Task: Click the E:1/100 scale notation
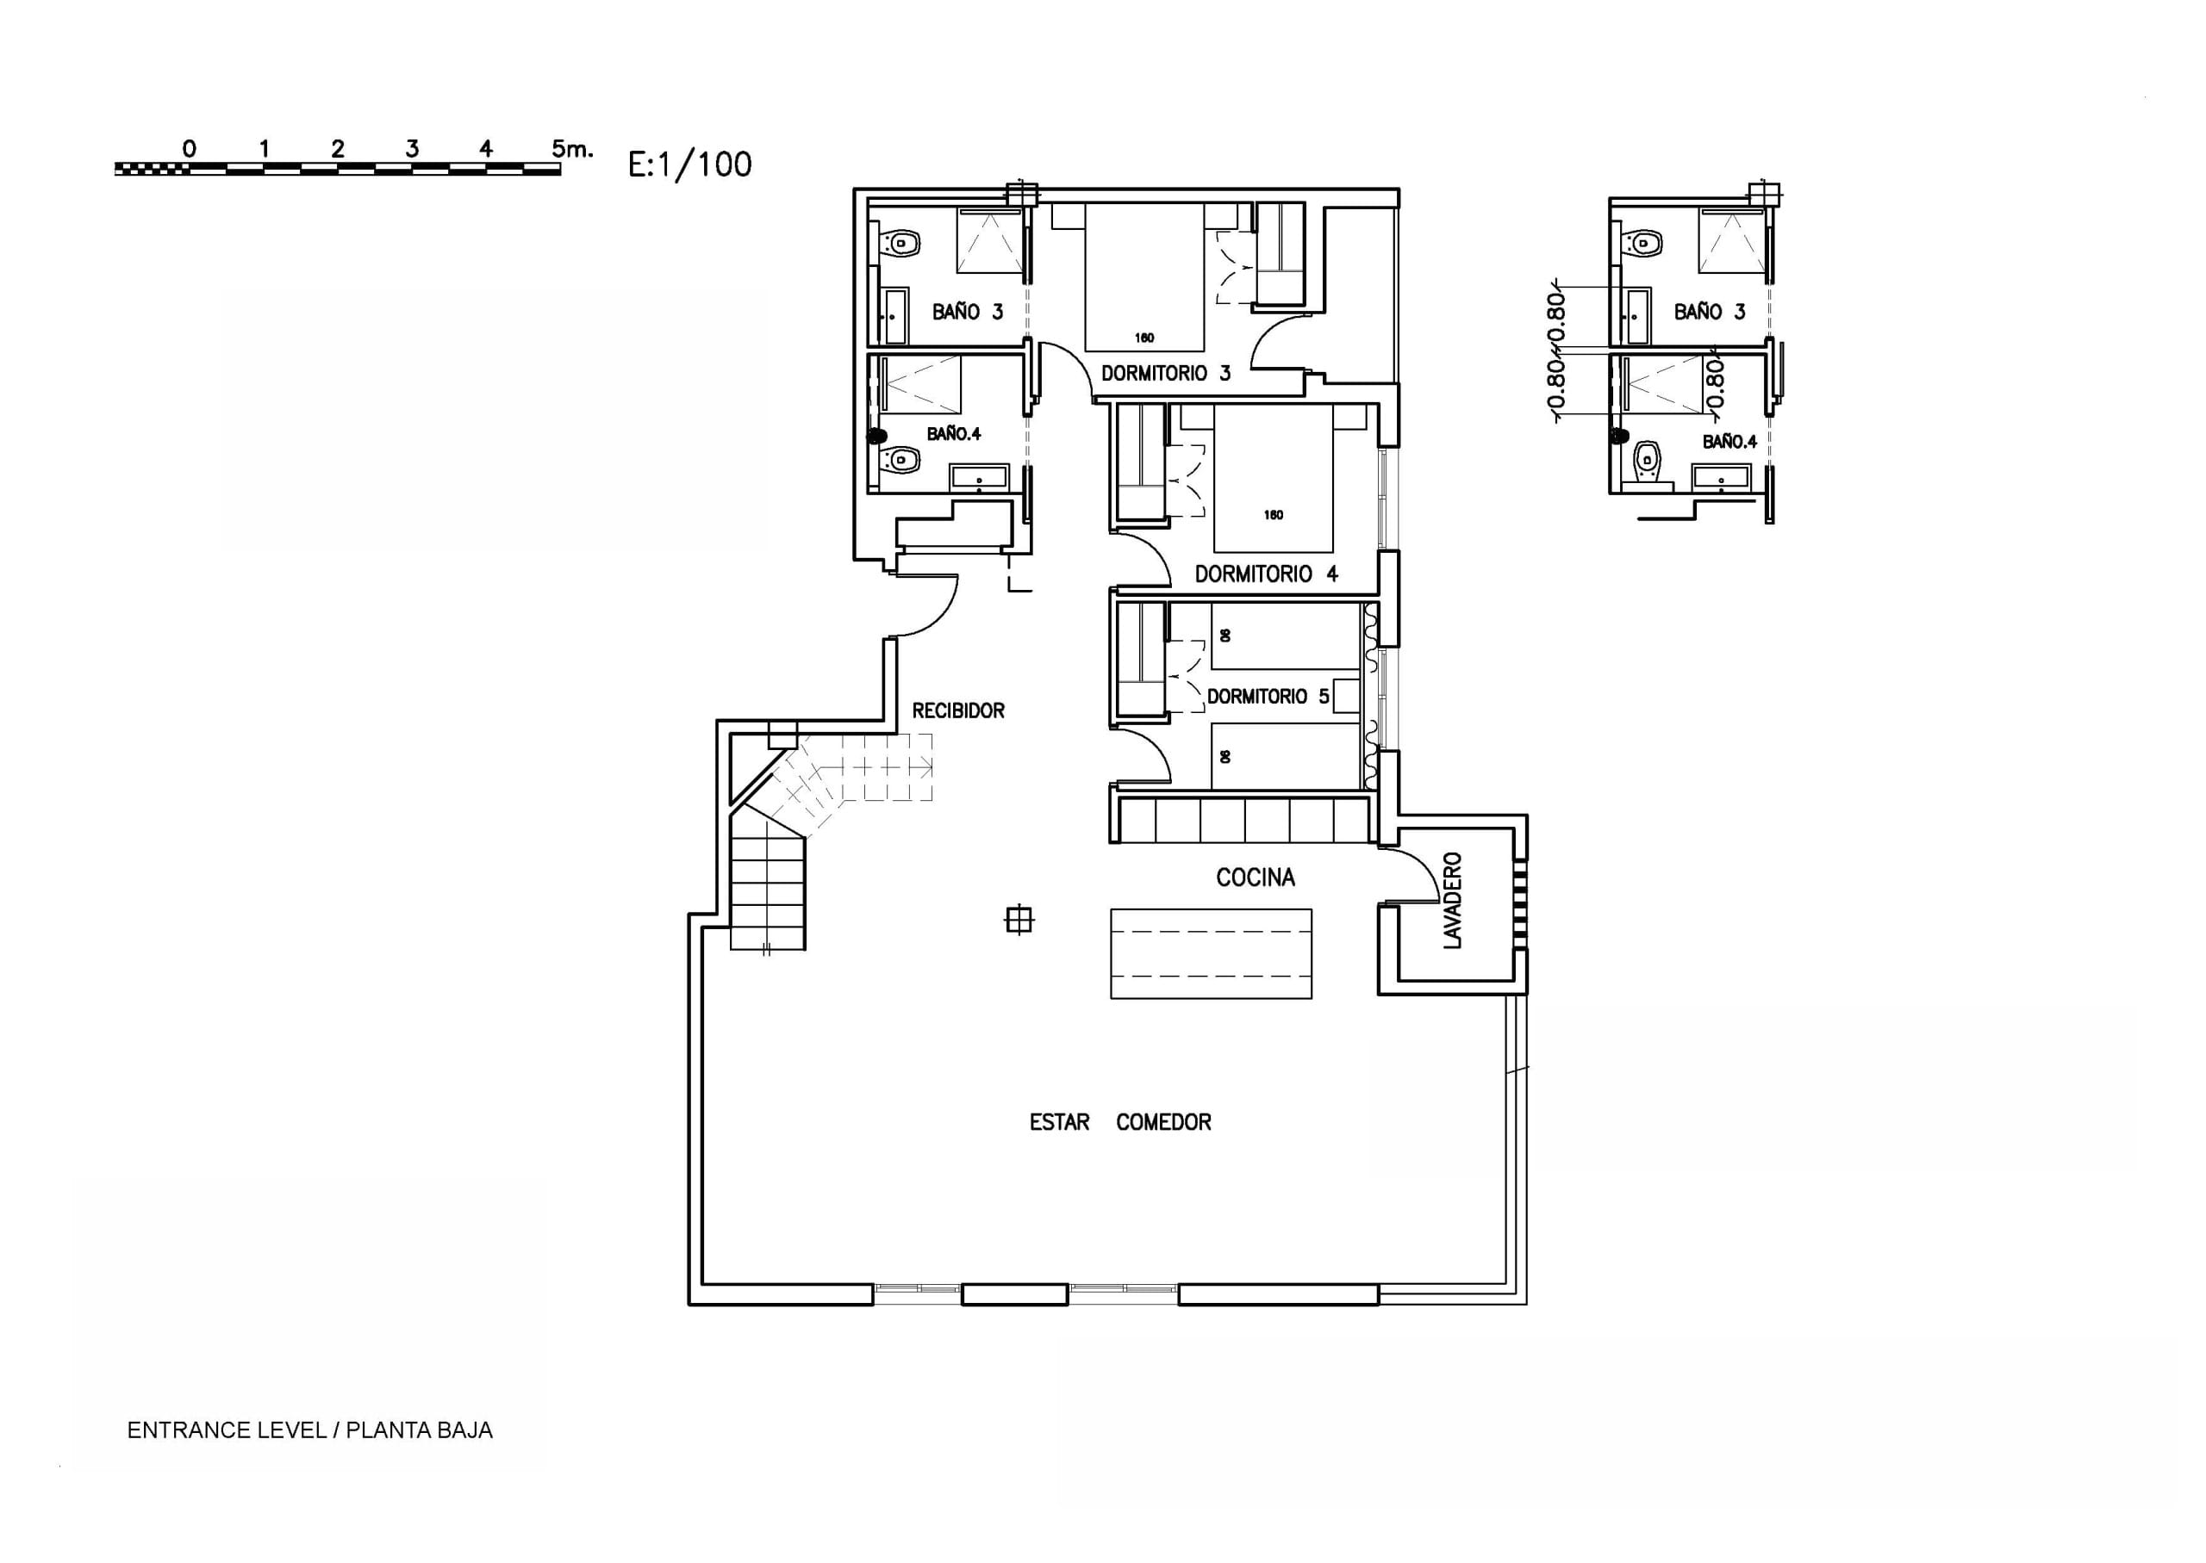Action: [x=689, y=164]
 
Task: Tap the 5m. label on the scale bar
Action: [x=572, y=149]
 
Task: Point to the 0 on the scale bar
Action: [x=189, y=149]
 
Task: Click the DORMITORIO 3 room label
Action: [x=1165, y=374]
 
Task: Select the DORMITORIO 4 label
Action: [x=1266, y=574]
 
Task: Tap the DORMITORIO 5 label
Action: [x=1268, y=696]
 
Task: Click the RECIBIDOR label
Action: [x=958, y=711]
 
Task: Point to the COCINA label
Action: [x=1255, y=878]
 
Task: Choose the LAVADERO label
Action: [x=1453, y=901]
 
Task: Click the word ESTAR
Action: [x=1059, y=1122]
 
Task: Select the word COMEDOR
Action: [x=1163, y=1122]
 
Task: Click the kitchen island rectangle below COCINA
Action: [x=1211, y=954]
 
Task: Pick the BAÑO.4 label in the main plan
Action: [x=953, y=434]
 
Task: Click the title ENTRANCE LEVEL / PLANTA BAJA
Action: [x=310, y=1430]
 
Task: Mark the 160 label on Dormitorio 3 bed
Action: [x=1144, y=338]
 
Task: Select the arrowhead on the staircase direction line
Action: [x=926, y=767]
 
